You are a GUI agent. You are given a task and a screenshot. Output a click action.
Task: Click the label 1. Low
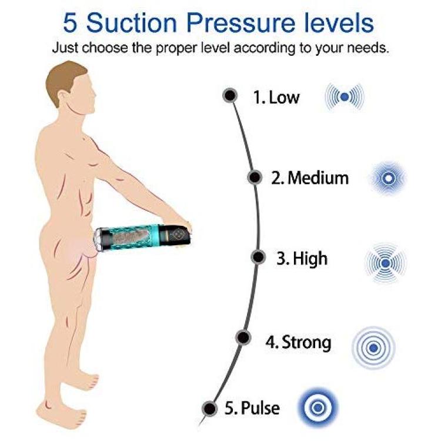click(276, 98)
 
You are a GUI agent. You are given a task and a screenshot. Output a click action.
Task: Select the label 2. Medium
click(310, 178)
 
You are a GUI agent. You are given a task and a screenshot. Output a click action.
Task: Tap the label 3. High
click(302, 259)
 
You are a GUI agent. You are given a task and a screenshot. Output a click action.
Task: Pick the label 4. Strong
click(298, 343)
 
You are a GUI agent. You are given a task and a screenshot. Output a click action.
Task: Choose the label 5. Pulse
click(252, 408)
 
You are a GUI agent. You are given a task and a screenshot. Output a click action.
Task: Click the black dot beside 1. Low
click(230, 96)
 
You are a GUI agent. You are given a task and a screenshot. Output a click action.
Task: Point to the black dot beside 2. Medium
click(255, 178)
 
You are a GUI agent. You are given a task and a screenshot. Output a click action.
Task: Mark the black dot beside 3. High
click(258, 257)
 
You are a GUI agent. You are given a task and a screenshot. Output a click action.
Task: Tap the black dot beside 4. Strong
click(243, 337)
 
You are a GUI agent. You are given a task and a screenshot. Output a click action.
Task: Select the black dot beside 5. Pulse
click(209, 409)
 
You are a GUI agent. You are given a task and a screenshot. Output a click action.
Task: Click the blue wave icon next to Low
click(345, 97)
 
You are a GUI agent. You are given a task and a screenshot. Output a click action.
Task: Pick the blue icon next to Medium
click(388, 178)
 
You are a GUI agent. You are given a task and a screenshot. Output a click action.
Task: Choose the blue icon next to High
click(386, 263)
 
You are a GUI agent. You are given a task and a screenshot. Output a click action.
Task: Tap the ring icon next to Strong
click(373, 348)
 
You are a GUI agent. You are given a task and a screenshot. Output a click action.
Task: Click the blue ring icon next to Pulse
click(318, 407)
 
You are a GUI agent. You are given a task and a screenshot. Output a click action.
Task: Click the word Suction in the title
click(132, 23)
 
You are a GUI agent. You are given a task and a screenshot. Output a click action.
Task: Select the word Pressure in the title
click(240, 23)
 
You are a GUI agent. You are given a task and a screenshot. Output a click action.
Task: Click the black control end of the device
click(175, 234)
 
